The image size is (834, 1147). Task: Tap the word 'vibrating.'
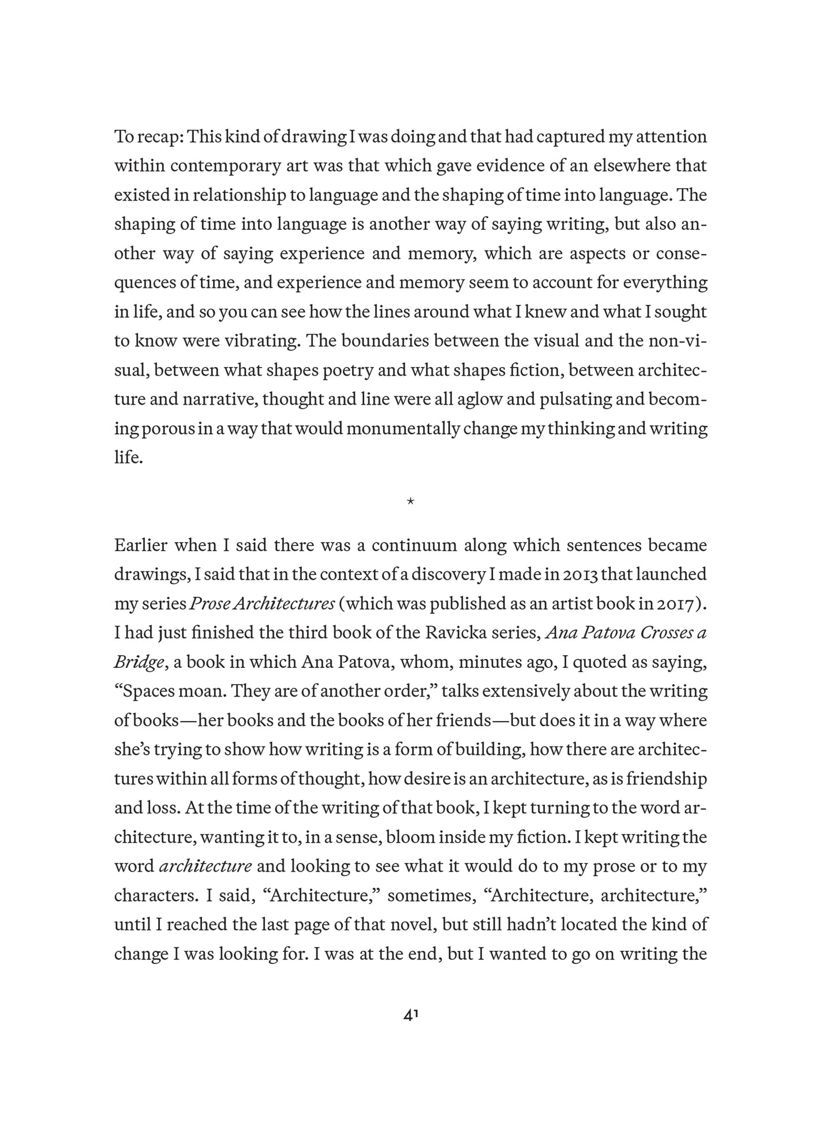(x=264, y=341)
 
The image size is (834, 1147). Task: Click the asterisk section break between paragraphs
(x=410, y=502)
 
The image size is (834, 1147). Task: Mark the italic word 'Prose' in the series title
(x=210, y=604)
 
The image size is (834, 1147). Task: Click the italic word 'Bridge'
(x=139, y=663)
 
